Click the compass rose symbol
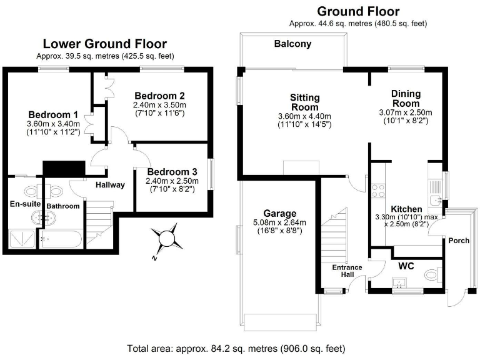pyautogui.click(x=167, y=239)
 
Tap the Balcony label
pyautogui.click(x=292, y=44)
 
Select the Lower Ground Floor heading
pyautogui.click(x=104, y=44)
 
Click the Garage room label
pyautogui.click(x=279, y=213)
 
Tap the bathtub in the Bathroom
pyautogui.click(x=61, y=239)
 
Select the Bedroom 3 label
pyautogui.click(x=172, y=172)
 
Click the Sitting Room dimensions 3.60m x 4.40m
pyautogui.click(x=304, y=116)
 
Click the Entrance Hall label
pyautogui.click(x=347, y=271)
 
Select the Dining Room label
pyautogui.click(x=406, y=98)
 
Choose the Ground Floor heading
pyautogui.click(x=358, y=11)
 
